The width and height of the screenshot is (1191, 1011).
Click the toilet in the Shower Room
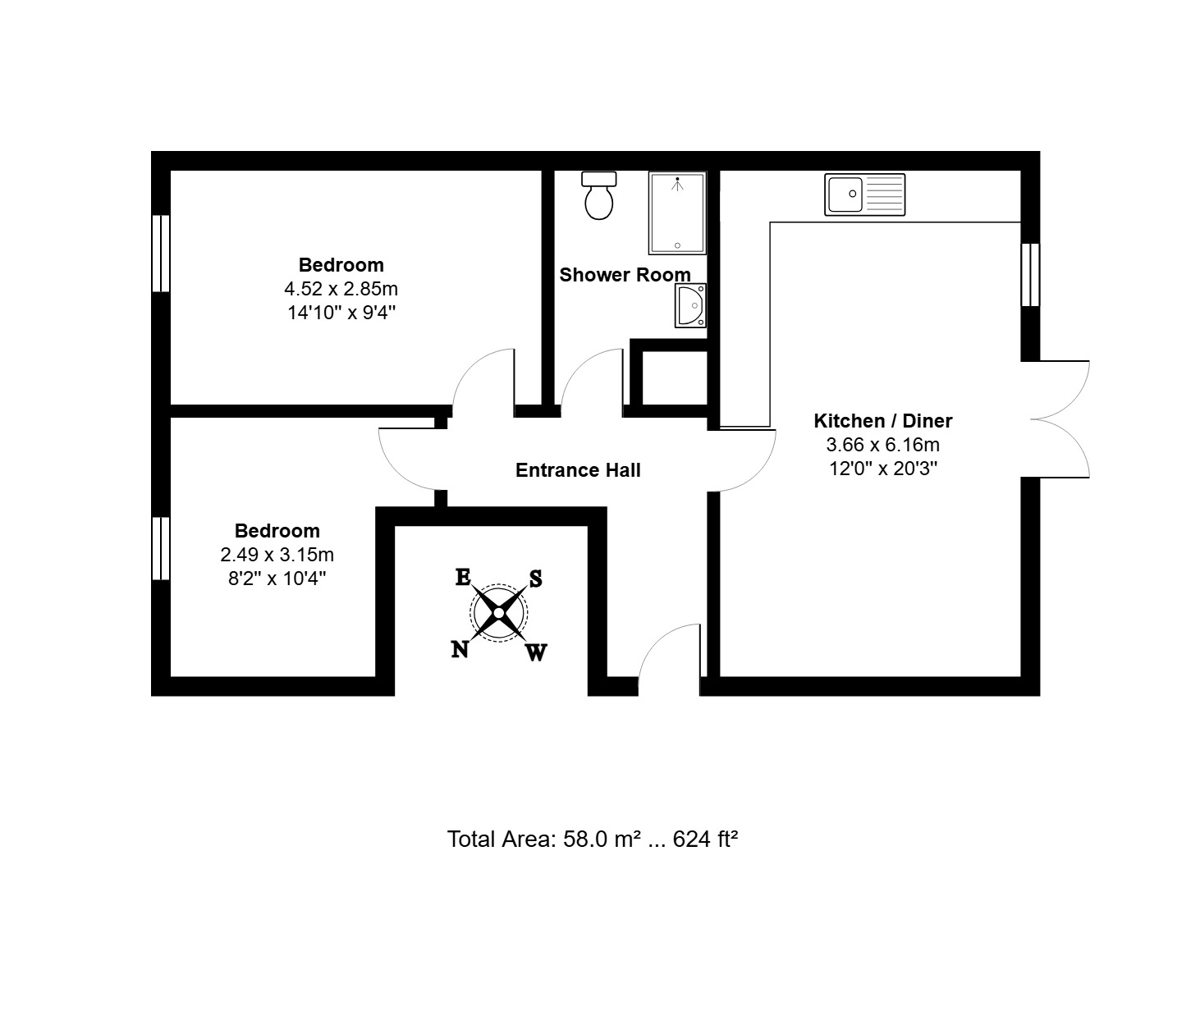coord(599,195)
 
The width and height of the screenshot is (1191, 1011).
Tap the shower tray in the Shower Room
coord(677,213)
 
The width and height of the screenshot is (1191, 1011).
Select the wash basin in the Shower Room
coord(690,305)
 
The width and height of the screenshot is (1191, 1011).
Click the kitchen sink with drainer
coord(864,194)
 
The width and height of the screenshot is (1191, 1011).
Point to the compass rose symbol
coord(498,613)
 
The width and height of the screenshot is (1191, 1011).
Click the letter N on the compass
coord(459,650)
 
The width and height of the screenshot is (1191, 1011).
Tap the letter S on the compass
coord(536,578)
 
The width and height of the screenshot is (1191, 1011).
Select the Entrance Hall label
coord(578,470)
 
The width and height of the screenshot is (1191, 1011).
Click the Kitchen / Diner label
coord(882,420)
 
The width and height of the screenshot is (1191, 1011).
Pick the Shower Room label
coord(625,275)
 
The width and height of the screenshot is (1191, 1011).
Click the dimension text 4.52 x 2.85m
coord(341,288)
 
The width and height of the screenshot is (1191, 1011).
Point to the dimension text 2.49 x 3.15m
coord(277,555)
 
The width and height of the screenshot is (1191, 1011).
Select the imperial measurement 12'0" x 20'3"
coord(883,469)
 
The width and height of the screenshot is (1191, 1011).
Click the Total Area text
coord(593,839)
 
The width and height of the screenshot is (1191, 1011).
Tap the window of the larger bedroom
coord(161,254)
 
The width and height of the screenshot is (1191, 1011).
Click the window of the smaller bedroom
coord(161,548)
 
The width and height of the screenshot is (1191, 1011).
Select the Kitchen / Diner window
coord(1030,275)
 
